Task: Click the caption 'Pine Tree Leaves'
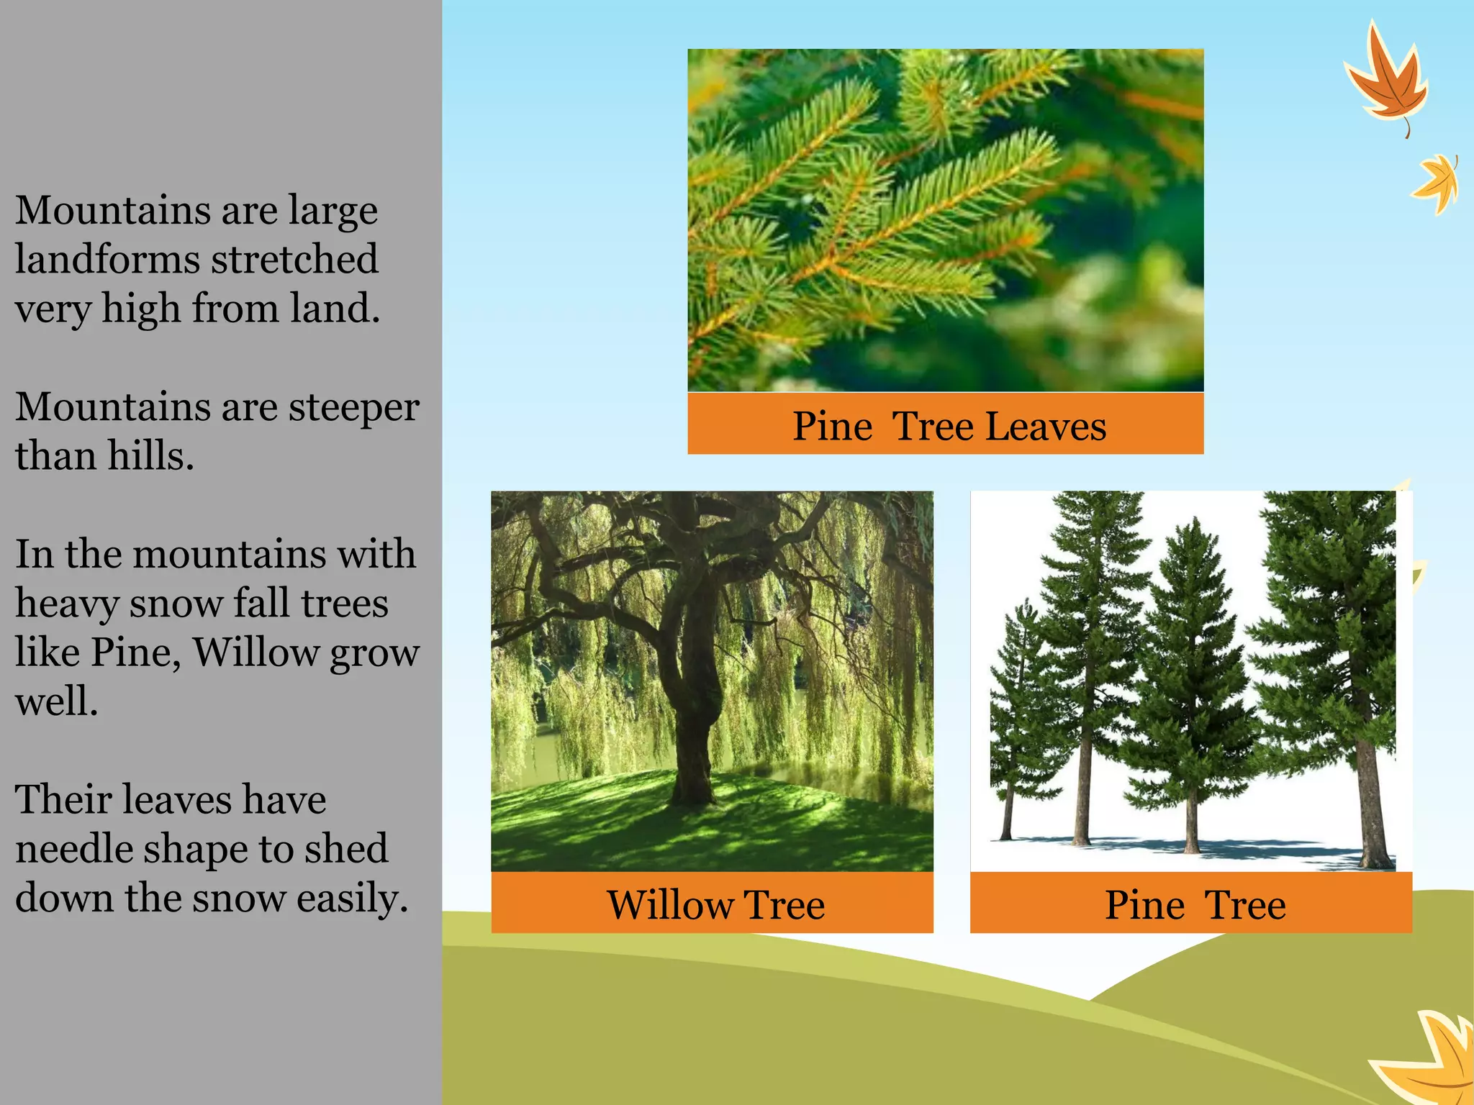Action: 949,426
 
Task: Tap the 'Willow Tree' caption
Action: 715,904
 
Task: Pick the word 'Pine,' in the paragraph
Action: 136,653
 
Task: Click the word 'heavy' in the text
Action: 66,604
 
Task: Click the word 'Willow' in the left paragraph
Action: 256,653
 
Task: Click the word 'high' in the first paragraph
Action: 140,309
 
